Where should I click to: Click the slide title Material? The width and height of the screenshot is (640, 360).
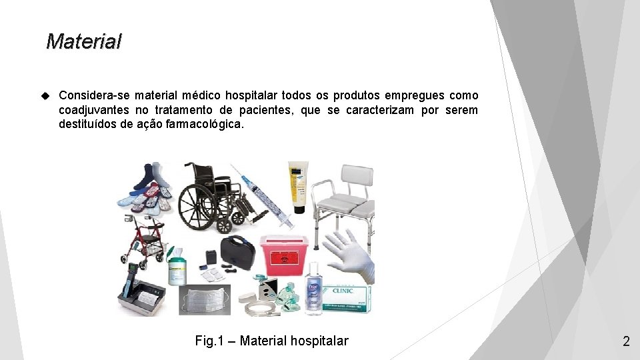pos(84,42)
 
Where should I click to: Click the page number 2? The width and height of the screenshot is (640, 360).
pos(625,341)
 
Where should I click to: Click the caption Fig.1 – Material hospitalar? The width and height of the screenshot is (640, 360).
pos(271,341)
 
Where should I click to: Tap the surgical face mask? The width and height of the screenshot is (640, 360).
pos(207,299)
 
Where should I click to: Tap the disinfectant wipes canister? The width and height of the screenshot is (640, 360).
pos(177,267)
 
